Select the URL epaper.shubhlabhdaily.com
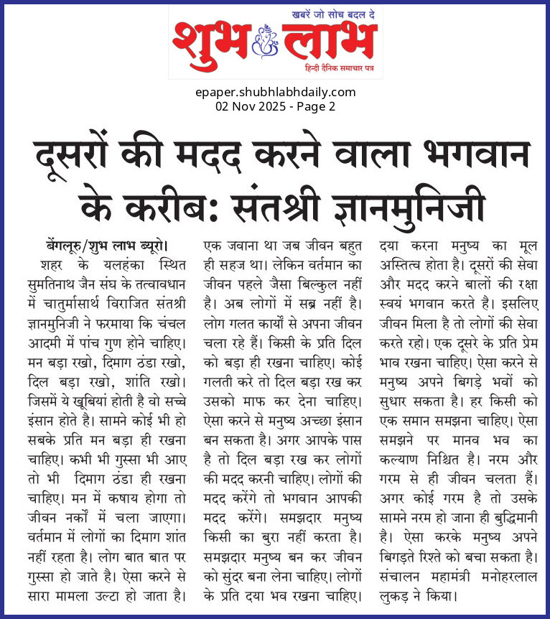(275, 92)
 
